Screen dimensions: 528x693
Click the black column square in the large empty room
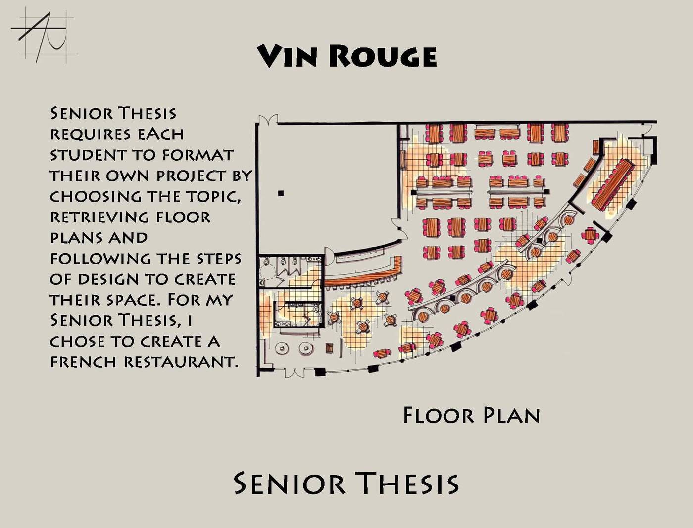click(281, 193)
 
